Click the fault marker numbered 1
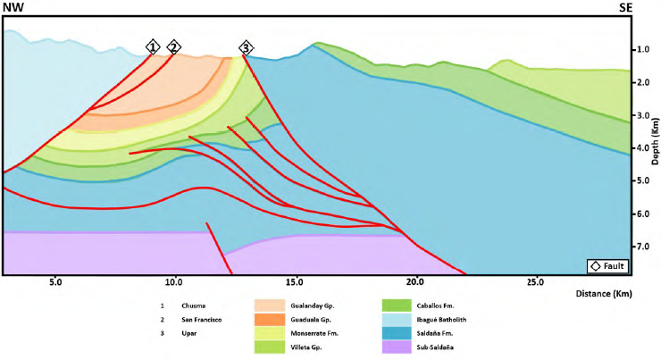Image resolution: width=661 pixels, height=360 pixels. tap(153, 46)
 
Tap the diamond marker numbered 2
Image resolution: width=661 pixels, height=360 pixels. tap(173, 46)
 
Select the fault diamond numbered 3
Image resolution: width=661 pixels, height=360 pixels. tap(247, 46)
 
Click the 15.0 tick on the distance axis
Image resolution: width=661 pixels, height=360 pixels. tap(293, 283)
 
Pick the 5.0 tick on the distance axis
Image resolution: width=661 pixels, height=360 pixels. tap(55, 283)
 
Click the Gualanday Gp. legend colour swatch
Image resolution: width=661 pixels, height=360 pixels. tap(271, 305)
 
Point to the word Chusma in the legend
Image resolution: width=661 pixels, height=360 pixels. tap(193, 305)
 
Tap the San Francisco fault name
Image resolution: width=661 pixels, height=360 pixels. tap(200, 319)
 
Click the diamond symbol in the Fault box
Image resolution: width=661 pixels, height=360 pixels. tap(594, 266)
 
